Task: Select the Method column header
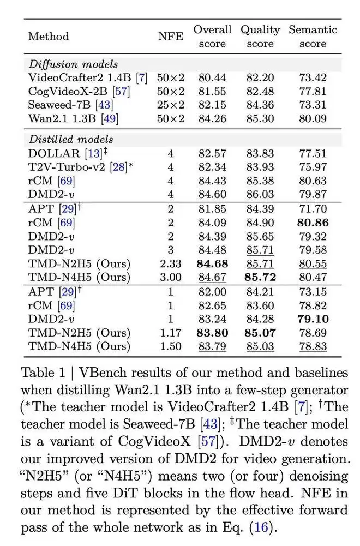49,37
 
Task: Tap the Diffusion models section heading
73,64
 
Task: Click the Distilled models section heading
71,139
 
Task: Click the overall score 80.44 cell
212,78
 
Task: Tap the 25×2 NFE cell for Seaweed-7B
170,105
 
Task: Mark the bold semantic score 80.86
313,223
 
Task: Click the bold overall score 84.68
212,264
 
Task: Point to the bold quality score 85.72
261,278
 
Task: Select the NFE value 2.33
170,264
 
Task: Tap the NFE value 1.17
170,333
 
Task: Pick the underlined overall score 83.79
212,346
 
